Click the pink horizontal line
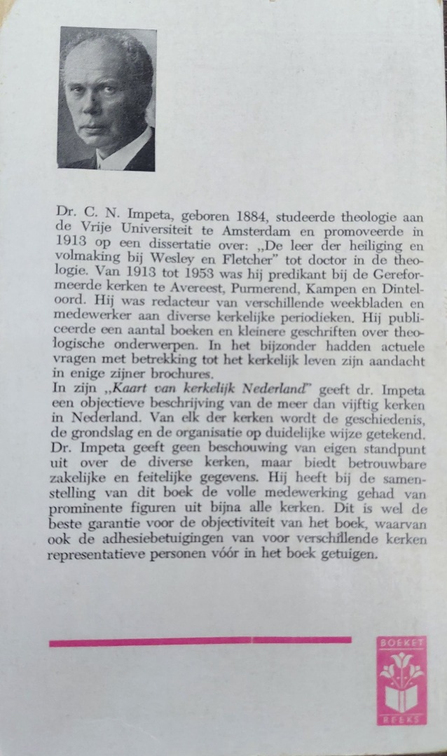click(200, 641)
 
